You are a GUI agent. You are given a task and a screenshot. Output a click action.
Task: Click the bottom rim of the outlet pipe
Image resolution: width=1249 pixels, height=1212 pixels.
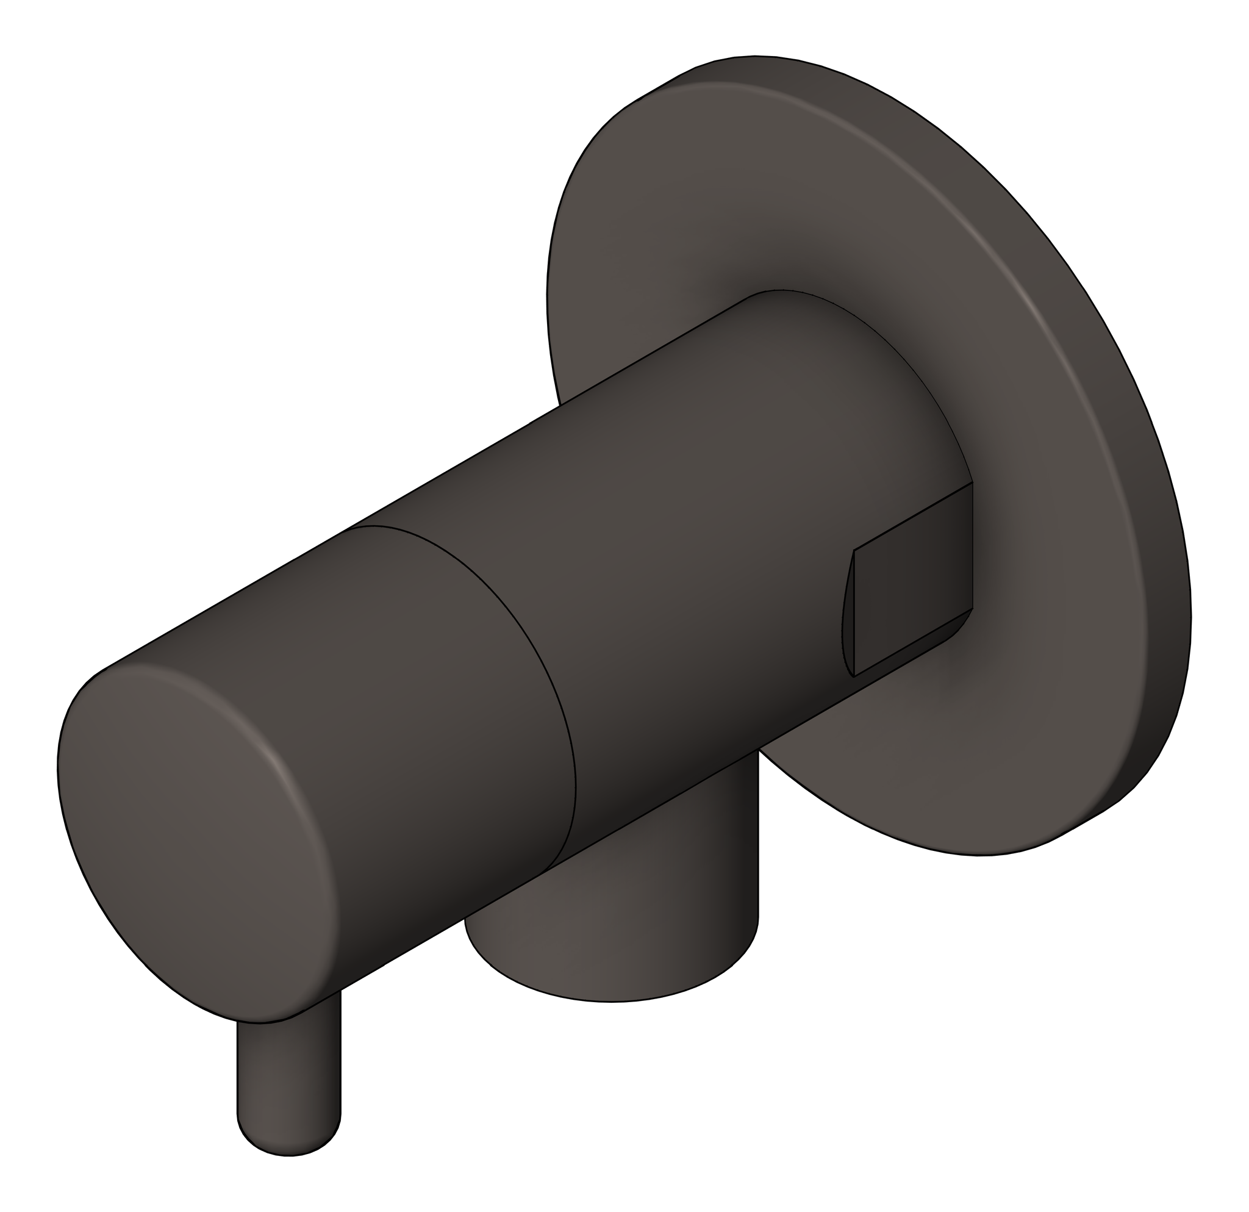tap(612, 999)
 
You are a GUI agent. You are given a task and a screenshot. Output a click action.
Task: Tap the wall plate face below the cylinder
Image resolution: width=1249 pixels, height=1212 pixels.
tap(892, 765)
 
